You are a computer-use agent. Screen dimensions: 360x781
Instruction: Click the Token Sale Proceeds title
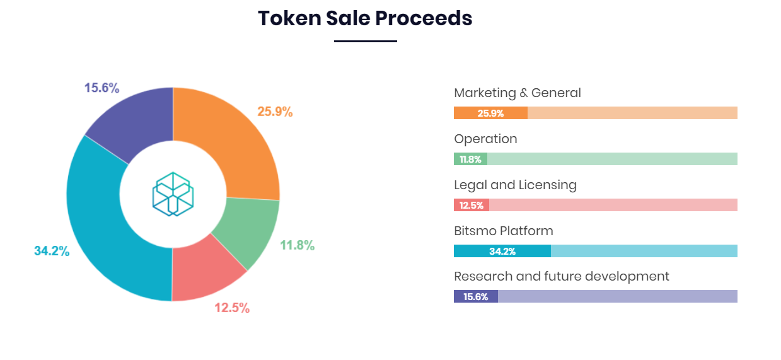(x=365, y=18)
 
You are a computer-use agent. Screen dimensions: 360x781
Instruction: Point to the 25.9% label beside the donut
(x=275, y=112)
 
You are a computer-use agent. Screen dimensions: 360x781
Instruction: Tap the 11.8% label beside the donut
(x=297, y=245)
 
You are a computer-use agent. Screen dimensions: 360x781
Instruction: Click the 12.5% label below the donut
(x=232, y=308)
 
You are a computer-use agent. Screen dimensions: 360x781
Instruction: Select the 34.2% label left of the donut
(x=52, y=251)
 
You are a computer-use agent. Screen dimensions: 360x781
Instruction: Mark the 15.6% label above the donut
(x=101, y=88)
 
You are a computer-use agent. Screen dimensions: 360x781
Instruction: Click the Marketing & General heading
(x=517, y=93)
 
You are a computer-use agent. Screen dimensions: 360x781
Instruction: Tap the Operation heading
(x=485, y=139)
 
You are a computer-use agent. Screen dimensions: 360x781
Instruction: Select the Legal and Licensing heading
(x=515, y=185)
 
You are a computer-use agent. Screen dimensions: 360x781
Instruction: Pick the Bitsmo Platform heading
(x=503, y=231)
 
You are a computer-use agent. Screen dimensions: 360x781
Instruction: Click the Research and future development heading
(x=561, y=276)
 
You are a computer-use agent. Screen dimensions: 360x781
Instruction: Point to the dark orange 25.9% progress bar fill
(x=490, y=113)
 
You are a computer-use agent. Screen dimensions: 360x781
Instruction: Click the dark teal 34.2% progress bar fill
(x=502, y=251)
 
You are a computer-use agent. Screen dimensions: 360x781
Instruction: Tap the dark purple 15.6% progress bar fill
(x=475, y=296)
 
